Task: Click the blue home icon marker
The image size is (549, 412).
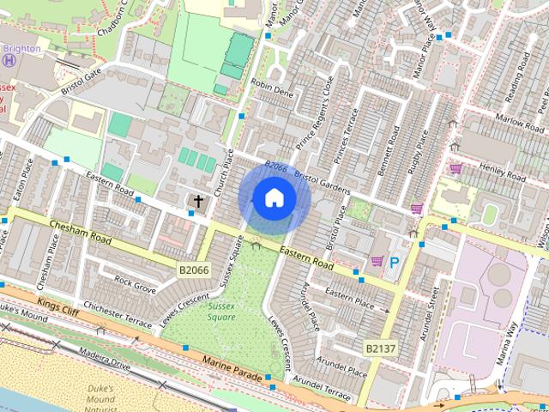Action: [274, 198]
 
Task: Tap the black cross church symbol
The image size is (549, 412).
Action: [199, 203]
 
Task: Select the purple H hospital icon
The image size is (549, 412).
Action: [9, 60]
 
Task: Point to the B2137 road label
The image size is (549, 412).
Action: [380, 348]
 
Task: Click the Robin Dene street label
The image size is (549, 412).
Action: [272, 88]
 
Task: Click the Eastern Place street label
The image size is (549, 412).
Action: [350, 300]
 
